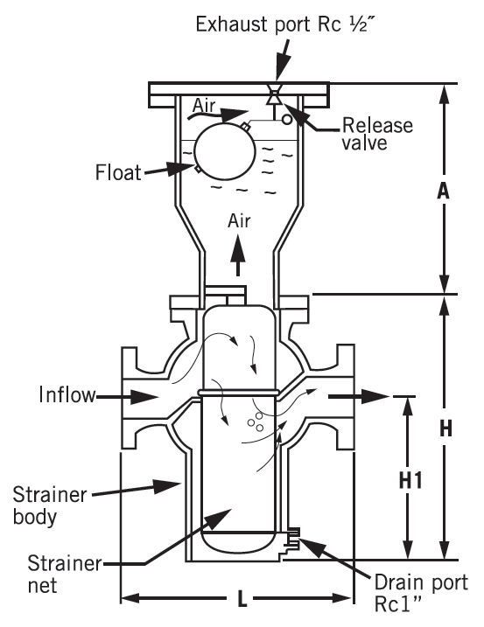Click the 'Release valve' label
(377, 133)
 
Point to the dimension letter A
(445, 190)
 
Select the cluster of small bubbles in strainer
(256, 421)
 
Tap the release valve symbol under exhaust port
(275, 97)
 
